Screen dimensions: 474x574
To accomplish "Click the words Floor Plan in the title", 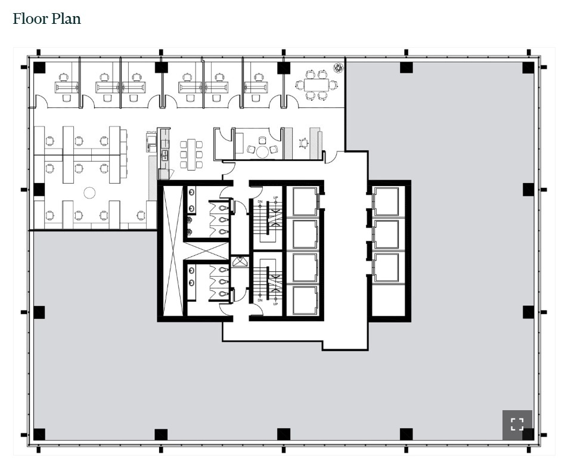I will pyautogui.click(x=46, y=18).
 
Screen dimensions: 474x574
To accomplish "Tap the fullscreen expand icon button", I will pyautogui.click(x=517, y=425).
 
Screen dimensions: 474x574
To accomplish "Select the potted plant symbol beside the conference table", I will pyautogui.click(x=339, y=67).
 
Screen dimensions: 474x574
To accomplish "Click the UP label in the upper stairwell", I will pyautogui.click(x=275, y=198).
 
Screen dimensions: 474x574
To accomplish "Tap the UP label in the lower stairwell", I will pyautogui.click(x=275, y=304).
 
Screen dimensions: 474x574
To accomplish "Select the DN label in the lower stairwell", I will pyautogui.click(x=260, y=300).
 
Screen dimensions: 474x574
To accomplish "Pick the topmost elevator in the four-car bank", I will pyautogui.click(x=305, y=202).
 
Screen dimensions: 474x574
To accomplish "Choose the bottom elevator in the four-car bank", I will pyautogui.click(x=305, y=300).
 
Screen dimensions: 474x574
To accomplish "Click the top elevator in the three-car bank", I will pyautogui.click(x=386, y=202).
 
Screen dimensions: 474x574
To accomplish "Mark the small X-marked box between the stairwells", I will pyautogui.click(x=240, y=261).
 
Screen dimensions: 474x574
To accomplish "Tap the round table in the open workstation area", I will pyautogui.click(x=89, y=193).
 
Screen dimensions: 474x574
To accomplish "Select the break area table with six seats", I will pyautogui.click(x=191, y=154).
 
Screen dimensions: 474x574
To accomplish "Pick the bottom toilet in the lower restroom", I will pyautogui.click(x=222, y=293).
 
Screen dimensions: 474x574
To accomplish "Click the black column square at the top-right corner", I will pyautogui.click(x=528, y=67).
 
